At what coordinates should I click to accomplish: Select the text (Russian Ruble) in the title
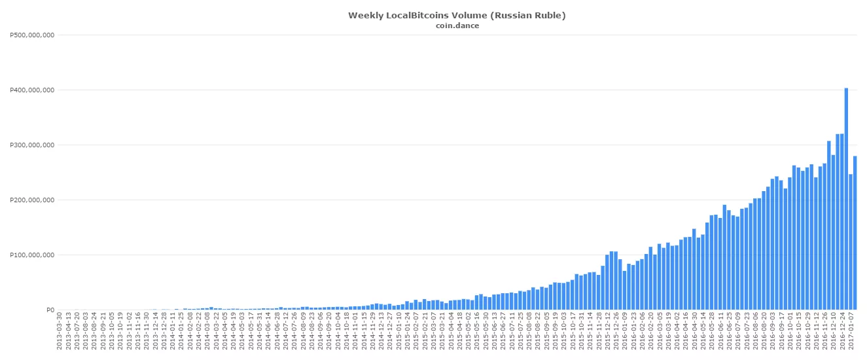529,15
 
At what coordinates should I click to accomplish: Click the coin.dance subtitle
457,26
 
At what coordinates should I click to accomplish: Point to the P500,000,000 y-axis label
33,35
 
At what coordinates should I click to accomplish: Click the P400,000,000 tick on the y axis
33,90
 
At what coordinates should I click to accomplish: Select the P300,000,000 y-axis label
33,145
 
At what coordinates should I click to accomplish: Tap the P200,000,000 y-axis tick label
33,200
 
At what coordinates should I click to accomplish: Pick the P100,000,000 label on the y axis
33,255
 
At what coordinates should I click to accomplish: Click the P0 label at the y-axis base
50,310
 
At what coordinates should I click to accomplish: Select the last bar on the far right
855,232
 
